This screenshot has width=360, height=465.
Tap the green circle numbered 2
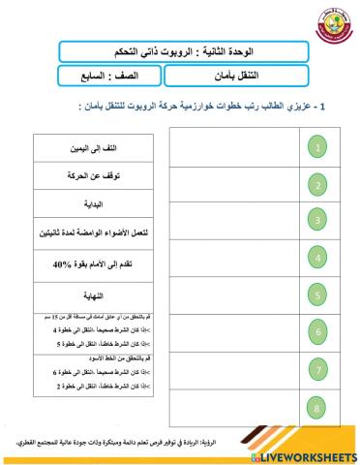tap(321, 184)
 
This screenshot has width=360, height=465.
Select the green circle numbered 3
tap(321, 220)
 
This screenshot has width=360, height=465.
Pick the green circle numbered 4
tap(321, 257)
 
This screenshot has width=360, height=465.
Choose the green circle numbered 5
tap(321, 294)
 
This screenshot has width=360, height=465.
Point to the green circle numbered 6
tap(321, 332)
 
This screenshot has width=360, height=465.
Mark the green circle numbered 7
tap(321, 369)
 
